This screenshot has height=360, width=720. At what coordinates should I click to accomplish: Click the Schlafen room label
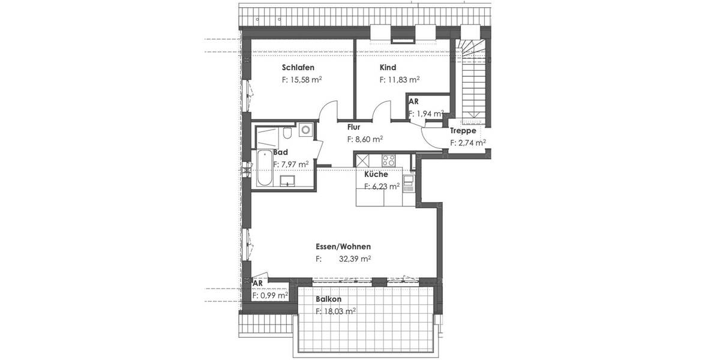[x=298, y=68]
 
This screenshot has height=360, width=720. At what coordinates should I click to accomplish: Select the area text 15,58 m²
[x=302, y=79]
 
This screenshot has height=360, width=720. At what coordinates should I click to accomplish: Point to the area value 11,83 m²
[x=400, y=79]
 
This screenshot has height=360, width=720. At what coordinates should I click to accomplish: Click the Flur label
[x=353, y=127]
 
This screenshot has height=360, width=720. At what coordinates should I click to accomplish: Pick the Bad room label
[x=280, y=152]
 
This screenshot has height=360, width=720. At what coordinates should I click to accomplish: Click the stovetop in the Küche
[x=388, y=161]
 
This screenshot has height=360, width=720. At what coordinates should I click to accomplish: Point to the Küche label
[x=376, y=175]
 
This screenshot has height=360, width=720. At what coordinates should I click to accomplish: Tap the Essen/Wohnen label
[x=343, y=247]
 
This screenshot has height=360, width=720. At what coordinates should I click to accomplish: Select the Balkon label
[x=329, y=299]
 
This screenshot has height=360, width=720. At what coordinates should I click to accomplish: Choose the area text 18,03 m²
[x=336, y=311]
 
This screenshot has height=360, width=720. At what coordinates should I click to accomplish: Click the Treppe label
[x=463, y=131]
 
